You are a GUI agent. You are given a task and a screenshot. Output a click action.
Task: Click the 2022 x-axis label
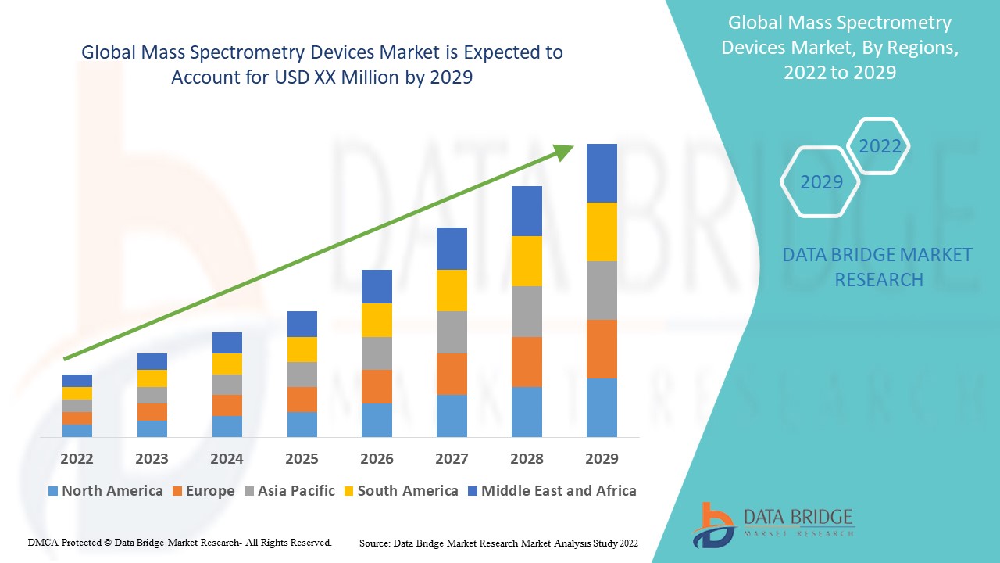tap(77, 458)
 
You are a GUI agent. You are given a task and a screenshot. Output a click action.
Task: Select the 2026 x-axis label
tap(377, 458)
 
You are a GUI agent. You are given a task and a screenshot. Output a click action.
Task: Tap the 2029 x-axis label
tap(602, 458)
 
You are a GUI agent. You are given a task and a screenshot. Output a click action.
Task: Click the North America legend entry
tap(105, 491)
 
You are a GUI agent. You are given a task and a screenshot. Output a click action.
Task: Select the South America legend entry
tap(400, 491)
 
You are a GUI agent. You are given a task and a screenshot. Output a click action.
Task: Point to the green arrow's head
tap(564, 151)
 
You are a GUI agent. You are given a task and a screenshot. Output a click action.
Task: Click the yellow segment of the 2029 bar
tap(602, 231)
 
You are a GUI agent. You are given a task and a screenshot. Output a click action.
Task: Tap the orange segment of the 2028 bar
tap(527, 361)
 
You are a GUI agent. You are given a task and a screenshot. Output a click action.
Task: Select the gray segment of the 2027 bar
tap(452, 332)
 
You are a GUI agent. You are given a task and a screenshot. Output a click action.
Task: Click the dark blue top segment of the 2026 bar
tap(377, 286)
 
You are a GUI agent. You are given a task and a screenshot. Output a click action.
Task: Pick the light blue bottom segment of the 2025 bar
tap(302, 424)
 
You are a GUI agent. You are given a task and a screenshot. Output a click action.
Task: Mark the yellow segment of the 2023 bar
tap(152, 378)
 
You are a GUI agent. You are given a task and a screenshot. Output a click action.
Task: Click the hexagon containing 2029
tap(820, 182)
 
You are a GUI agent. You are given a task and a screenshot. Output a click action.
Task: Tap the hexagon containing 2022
tap(880, 146)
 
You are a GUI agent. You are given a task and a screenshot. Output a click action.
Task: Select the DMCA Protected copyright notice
tap(180, 542)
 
